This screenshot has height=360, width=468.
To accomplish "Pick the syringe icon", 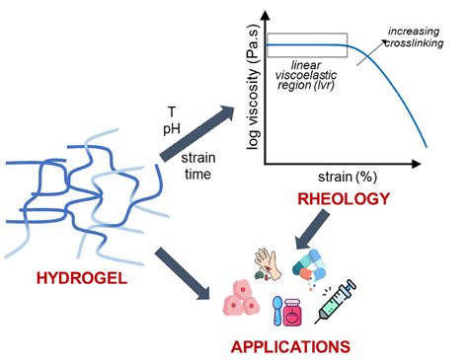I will [x=337, y=301].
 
